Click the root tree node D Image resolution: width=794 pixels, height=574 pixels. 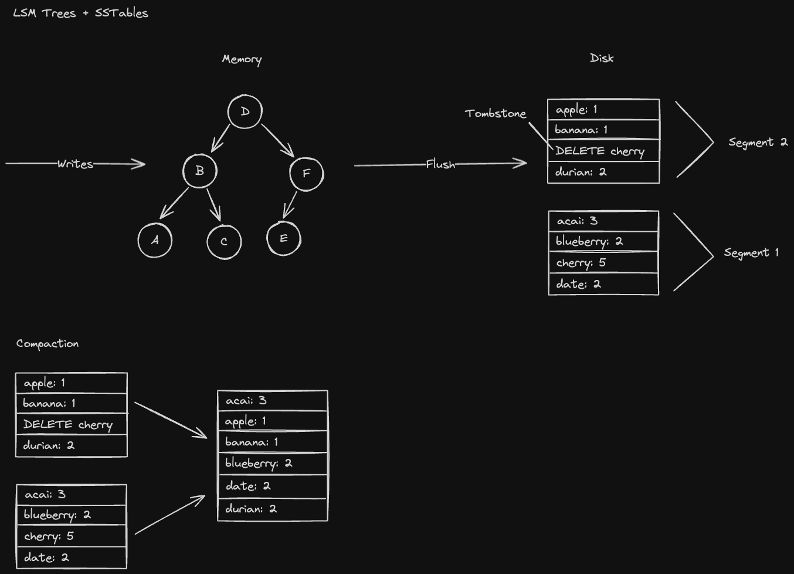(x=245, y=112)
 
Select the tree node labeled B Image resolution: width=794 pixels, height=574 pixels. (x=200, y=171)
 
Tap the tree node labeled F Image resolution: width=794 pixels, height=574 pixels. (x=306, y=173)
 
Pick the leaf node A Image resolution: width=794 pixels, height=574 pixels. (x=155, y=240)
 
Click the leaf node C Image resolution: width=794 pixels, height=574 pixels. (x=224, y=241)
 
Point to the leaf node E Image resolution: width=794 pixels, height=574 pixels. (x=284, y=238)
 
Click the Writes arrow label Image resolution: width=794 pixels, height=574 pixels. (x=75, y=164)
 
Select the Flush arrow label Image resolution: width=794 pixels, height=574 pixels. (x=440, y=164)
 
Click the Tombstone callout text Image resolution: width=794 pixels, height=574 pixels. (x=496, y=113)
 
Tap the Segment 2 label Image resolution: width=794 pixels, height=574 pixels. (x=758, y=142)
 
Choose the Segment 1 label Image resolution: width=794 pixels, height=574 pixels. (x=751, y=253)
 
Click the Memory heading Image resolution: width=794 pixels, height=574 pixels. (x=242, y=59)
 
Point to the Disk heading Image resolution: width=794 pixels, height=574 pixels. (x=602, y=58)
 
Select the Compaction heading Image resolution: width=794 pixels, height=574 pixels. (x=47, y=343)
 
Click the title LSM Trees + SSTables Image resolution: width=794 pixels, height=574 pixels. (x=80, y=13)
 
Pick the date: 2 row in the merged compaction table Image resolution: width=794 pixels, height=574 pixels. (x=272, y=486)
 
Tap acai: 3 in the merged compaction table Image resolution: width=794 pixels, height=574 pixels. (x=272, y=400)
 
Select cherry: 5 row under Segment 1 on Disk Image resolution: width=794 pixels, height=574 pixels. (x=603, y=262)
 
